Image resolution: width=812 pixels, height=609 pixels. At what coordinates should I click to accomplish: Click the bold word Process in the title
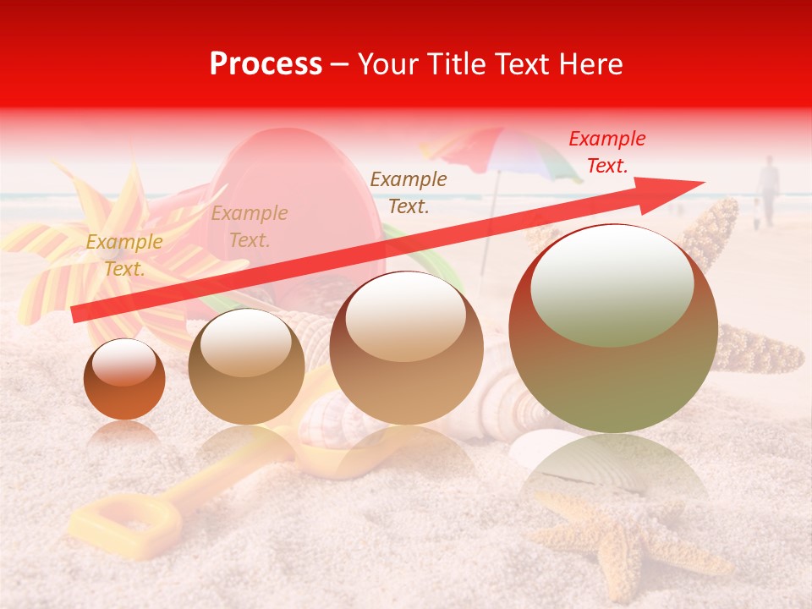pyautogui.click(x=266, y=64)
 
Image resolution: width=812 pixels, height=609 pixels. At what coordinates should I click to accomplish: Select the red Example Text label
pyautogui.click(x=606, y=152)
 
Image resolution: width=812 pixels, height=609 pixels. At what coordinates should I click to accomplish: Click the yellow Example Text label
pyautogui.click(x=123, y=255)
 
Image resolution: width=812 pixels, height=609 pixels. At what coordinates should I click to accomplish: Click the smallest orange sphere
pyautogui.click(x=124, y=379)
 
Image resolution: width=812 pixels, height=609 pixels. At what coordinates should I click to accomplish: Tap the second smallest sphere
pyautogui.click(x=246, y=366)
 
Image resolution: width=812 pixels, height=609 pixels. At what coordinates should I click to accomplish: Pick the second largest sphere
pyautogui.click(x=407, y=348)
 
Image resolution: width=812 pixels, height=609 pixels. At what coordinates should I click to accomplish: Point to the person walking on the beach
pyautogui.click(x=768, y=190)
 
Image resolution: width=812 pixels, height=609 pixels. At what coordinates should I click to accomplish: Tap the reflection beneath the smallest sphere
pyautogui.click(x=124, y=436)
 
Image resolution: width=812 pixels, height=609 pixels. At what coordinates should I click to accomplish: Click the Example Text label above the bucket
pyautogui.click(x=250, y=227)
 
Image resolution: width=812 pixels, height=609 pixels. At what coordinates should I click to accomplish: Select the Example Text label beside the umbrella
pyautogui.click(x=409, y=192)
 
